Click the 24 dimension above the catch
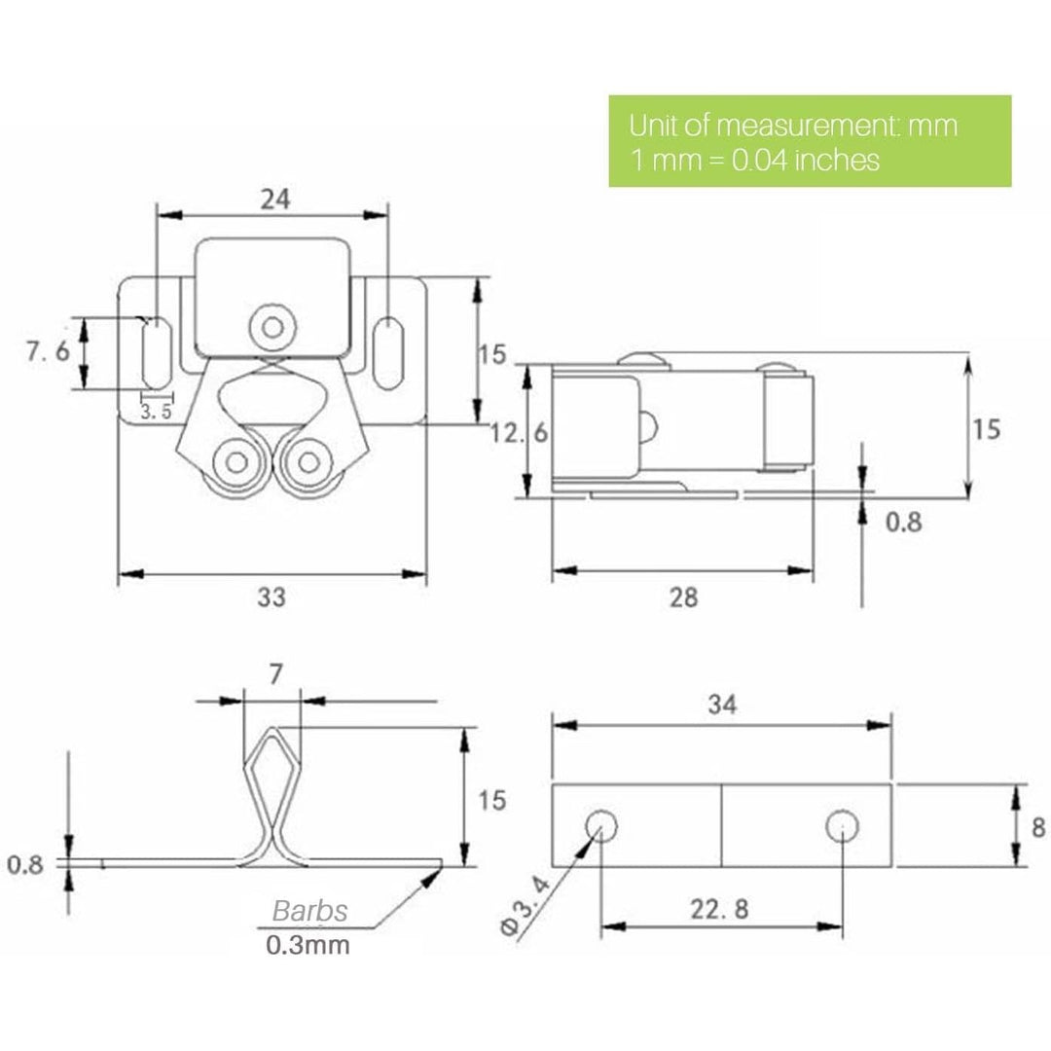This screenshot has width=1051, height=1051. (x=275, y=199)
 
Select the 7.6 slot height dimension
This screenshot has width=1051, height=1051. (x=48, y=352)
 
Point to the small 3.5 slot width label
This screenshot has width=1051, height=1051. (x=157, y=412)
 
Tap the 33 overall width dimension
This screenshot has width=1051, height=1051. (x=272, y=597)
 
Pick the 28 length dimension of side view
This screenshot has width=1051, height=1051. (x=684, y=597)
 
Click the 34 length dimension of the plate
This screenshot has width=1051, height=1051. (x=722, y=704)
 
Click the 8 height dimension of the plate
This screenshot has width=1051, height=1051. (x=1037, y=827)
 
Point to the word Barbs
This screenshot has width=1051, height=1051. (x=309, y=912)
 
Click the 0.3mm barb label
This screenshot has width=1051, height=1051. (x=308, y=945)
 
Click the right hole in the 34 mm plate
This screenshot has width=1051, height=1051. (x=842, y=828)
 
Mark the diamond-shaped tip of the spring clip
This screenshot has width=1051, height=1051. (x=271, y=757)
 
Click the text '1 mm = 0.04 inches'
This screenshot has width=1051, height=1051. (x=755, y=159)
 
